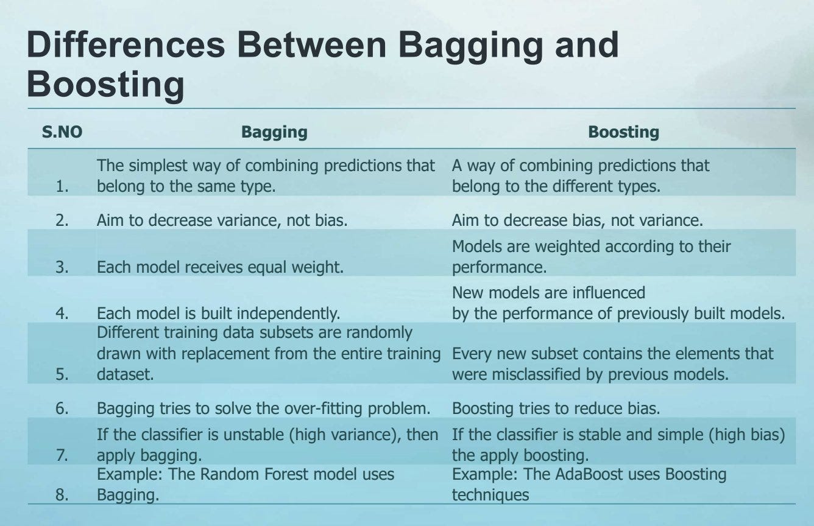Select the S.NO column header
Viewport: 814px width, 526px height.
pos(62,132)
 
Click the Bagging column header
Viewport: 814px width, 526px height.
pos(274,132)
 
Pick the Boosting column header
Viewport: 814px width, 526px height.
pos(623,132)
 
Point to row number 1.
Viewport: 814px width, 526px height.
pos(62,187)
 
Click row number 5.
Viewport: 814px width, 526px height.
pos(62,374)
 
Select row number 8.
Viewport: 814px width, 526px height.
pos(62,495)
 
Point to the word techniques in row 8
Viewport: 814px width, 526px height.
pos(490,495)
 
